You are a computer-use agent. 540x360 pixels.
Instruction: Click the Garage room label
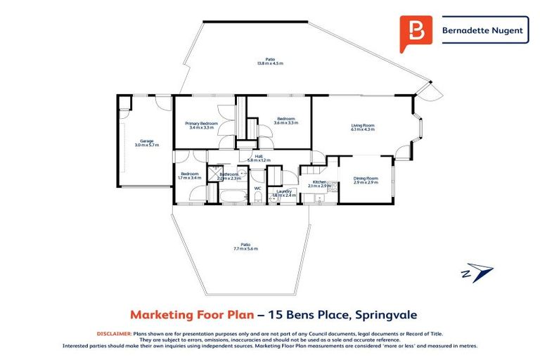click(147, 141)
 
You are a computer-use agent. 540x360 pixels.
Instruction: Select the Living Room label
click(363, 126)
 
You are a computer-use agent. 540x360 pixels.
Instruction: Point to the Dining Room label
click(366, 178)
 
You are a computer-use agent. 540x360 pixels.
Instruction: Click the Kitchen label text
click(319, 182)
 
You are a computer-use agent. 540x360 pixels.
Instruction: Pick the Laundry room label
click(284, 191)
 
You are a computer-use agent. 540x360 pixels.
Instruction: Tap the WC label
click(258, 188)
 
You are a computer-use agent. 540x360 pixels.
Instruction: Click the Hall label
click(259, 156)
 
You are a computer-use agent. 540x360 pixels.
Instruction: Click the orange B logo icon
click(416, 32)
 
